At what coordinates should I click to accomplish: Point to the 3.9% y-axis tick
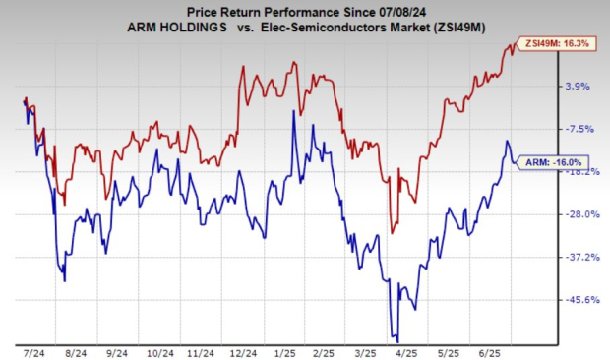[578, 86]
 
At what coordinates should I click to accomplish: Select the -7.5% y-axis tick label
[579, 129]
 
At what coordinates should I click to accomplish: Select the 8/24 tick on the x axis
[74, 350]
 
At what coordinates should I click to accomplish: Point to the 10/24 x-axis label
[159, 350]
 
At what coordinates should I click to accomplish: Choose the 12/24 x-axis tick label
[245, 350]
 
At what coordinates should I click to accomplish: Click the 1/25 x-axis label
[287, 350]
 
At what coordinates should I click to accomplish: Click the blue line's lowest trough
[395, 339]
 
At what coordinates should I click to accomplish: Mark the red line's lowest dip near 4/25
[393, 233]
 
